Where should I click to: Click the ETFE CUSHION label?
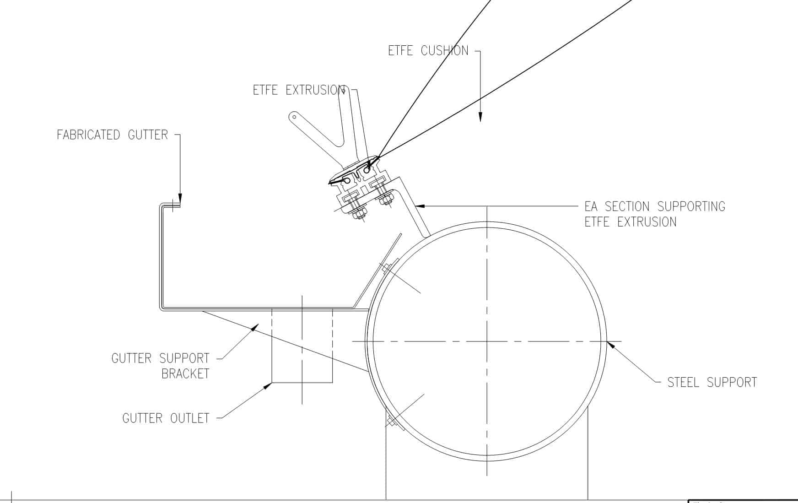tap(428, 50)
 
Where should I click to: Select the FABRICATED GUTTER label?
tap(113, 135)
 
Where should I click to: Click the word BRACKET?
tap(185, 374)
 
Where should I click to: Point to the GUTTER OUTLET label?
tap(166, 418)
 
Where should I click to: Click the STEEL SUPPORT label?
tap(712, 383)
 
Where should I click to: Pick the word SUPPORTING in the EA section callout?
tap(691, 207)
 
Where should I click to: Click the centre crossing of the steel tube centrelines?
tap(487, 341)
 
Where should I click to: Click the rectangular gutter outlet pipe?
tap(302, 346)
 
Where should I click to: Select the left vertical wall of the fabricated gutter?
tap(161, 256)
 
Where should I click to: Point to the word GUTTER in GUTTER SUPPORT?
tap(132, 358)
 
